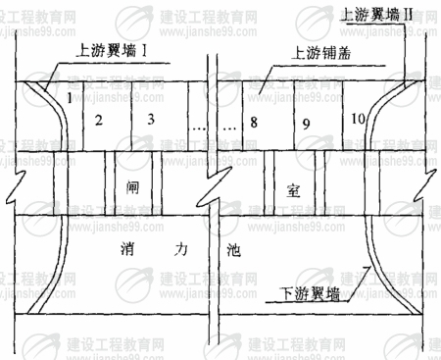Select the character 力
(185, 247)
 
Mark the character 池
(232, 249)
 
